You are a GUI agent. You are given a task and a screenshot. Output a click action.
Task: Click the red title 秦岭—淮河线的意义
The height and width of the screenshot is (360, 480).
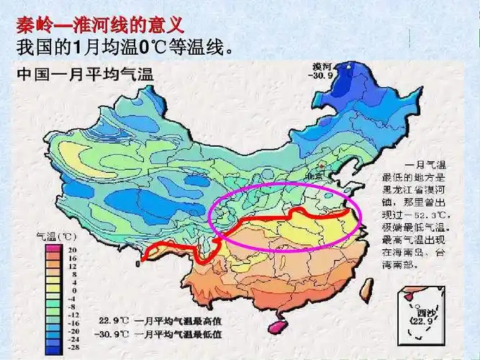pos(100,27)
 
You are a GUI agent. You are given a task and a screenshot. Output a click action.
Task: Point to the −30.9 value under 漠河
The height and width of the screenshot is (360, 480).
pos(320,75)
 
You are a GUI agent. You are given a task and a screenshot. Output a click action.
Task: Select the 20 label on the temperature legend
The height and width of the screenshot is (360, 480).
pos(73,247)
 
